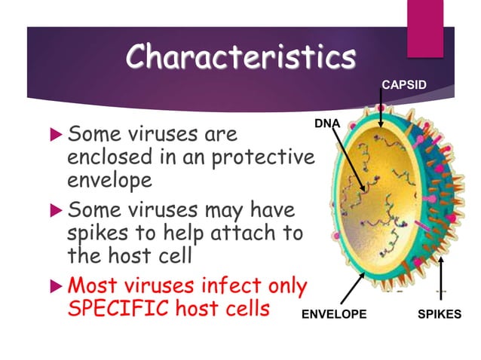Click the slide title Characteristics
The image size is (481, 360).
(x=240, y=56)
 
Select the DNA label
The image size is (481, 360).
(x=326, y=121)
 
